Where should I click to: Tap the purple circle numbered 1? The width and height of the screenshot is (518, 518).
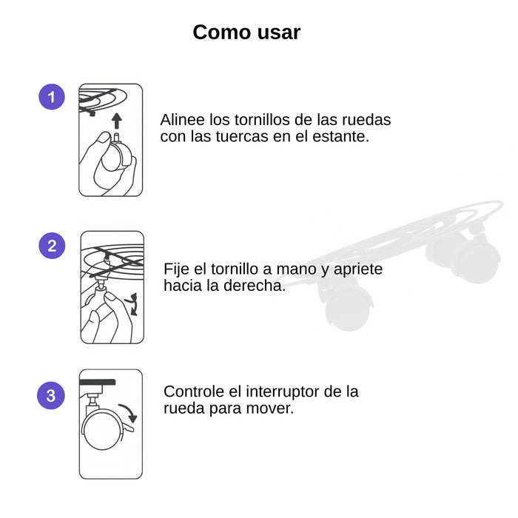pyautogui.click(x=52, y=97)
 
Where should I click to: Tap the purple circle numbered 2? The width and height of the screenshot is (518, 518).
pyautogui.click(x=52, y=246)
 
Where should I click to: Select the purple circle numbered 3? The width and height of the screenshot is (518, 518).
pyautogui.click(x=51, y=395)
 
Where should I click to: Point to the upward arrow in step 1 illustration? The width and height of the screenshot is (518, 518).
pyautogui.click(x=116, y=121)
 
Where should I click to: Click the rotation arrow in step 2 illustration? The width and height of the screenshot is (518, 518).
pyautogui.click(x=132, y=304)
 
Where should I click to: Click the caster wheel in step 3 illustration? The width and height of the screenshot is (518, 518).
pyautogui.click(x=102, y=430)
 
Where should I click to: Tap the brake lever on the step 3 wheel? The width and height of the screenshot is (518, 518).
pyautogui.click(x=129, y=428)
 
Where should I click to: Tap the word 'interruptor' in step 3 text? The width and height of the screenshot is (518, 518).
pyautogui.click(x=283, y=392)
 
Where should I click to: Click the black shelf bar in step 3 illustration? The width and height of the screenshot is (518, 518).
pyautogui.click(x=98, y=383)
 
